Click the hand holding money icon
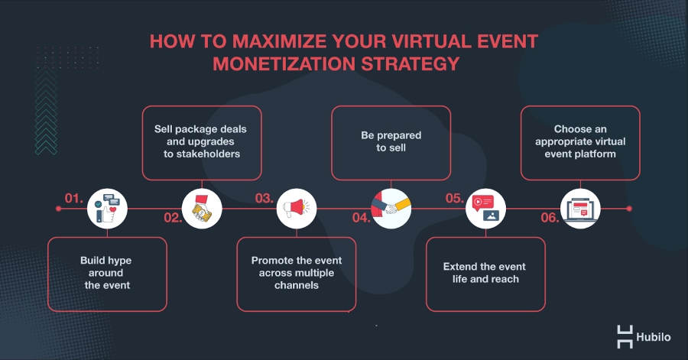(x=202, y=209)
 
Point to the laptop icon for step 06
(x=580, y=209)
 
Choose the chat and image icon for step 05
(x=485, y=209)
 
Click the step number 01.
(x=73, y=198)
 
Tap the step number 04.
(x=362, y=218)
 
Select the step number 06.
(x=550, y=218)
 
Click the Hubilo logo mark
(x=625, y=337)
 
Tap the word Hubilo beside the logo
(x=654, y=337)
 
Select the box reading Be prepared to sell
(x=391, y=143)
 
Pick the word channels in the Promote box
(x=297, y=285)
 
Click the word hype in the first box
(x=119, y=261)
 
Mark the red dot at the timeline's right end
(x=629, y=209)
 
